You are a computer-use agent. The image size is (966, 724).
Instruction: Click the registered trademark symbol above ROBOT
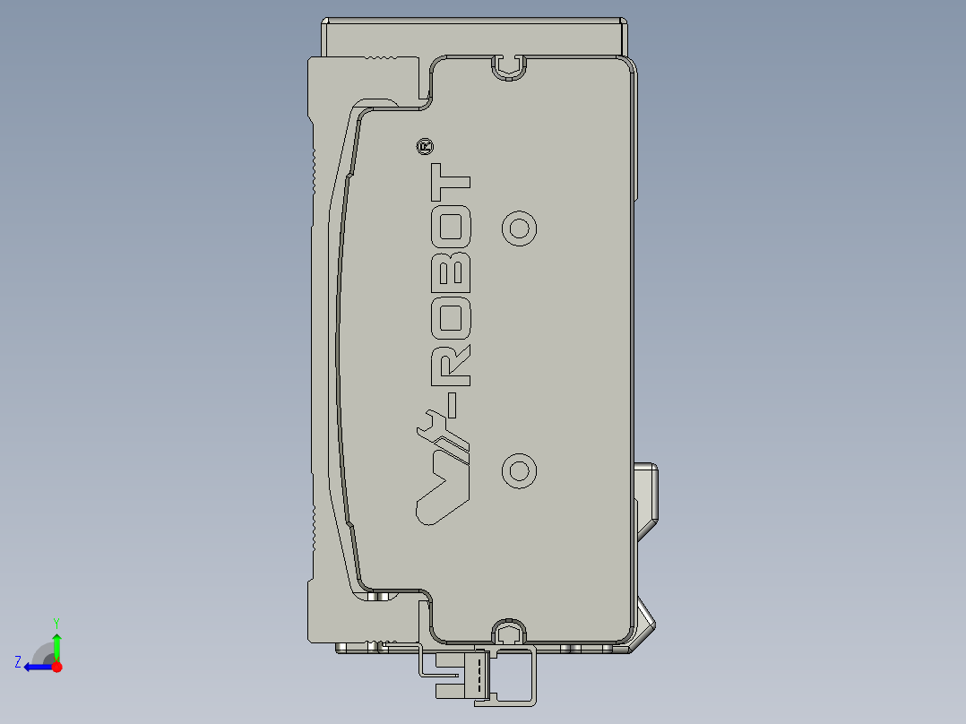tap(425, 146)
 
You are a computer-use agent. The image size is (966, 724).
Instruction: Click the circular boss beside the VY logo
tap(519, 470)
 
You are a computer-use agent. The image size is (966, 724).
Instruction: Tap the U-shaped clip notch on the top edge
tap(509, 67)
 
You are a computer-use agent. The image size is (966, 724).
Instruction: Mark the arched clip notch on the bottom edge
tap(509, 633)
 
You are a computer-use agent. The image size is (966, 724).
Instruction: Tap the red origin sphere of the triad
tap(56, 667)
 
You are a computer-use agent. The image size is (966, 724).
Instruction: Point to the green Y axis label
tap(56, 622)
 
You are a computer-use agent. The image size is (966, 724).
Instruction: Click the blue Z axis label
tap(18, 662)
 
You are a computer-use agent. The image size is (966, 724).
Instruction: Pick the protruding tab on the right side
tap(647, 493)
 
